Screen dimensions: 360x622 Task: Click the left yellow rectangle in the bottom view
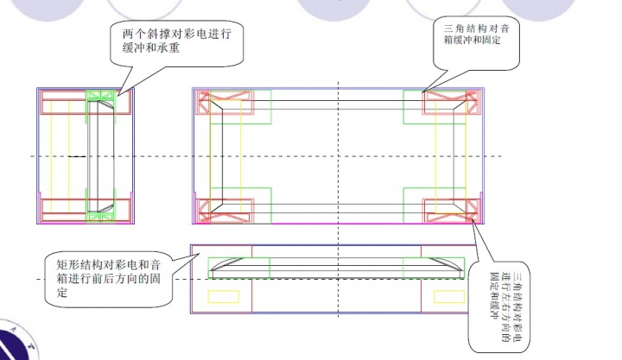point(224,296)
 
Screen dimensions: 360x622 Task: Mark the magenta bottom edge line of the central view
point(337,224)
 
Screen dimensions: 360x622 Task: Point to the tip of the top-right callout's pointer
point(422,92)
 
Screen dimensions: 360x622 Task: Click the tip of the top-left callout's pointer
point(118,93)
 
